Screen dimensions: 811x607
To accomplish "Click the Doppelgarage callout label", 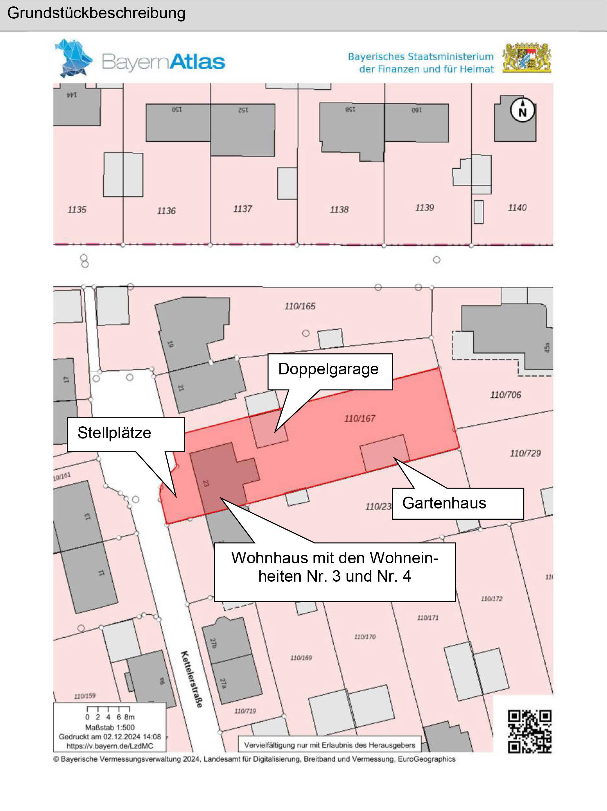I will [x=329, y=369].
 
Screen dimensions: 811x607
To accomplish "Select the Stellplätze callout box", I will [x=115, y=433].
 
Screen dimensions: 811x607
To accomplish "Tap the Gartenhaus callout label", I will [x=444, y=503].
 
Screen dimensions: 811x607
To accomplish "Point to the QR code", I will [x=529, y=731].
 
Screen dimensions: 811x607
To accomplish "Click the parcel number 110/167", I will [x=360, y=418].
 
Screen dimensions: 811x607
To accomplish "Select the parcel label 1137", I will [x=242, y=209].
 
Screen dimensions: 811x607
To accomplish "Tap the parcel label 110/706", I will [x=505, y=395].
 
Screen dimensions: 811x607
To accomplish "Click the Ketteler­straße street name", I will [x=191, y=679].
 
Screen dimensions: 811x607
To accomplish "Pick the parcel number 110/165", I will [x=300, y=306].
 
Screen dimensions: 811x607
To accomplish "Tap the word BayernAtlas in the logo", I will [x=163, y=62].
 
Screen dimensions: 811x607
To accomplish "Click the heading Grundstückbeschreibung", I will [x=96, y=13].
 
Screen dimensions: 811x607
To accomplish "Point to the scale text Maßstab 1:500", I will [x=110, y=727].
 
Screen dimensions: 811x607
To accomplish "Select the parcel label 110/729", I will [x=525, y=453].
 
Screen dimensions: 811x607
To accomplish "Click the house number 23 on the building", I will [x=206, y=483].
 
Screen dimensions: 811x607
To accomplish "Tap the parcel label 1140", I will [x=517, y=208].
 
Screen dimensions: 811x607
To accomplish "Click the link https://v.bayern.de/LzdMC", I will [x=110, y=746].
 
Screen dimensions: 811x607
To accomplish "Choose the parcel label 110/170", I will [x=365, y=637].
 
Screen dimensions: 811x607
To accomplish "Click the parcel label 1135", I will [x=77, y=210].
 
